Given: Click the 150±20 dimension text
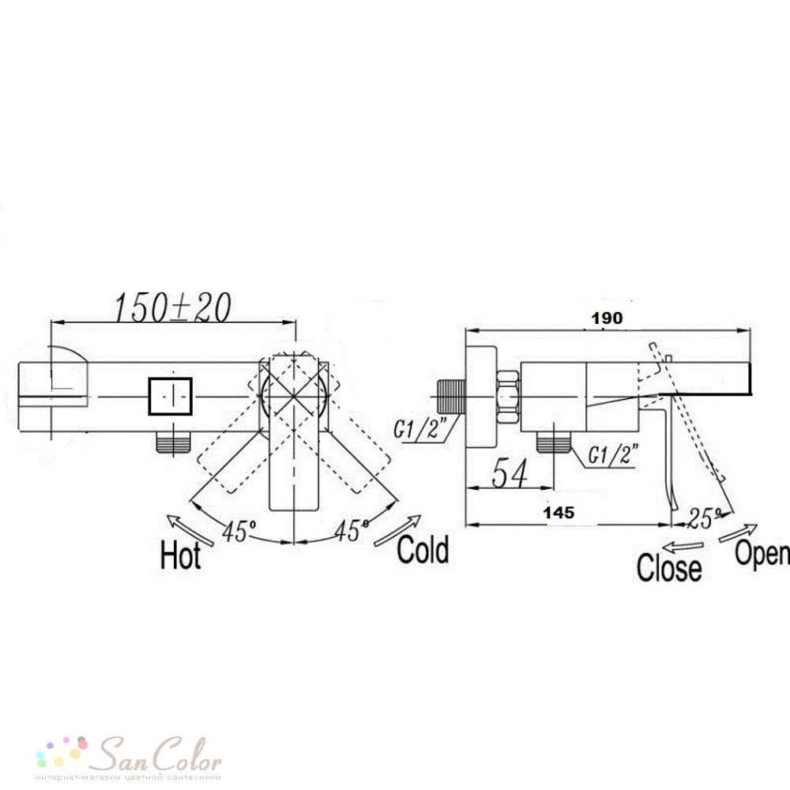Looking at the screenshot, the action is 173,307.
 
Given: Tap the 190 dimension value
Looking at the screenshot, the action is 607,318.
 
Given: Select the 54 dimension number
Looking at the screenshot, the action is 510,473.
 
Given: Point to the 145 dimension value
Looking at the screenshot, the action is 559,513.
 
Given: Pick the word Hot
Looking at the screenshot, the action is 180,555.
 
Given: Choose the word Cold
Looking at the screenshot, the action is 423,549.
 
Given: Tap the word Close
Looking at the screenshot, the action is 669,567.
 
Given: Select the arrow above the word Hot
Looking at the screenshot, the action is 191,529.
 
